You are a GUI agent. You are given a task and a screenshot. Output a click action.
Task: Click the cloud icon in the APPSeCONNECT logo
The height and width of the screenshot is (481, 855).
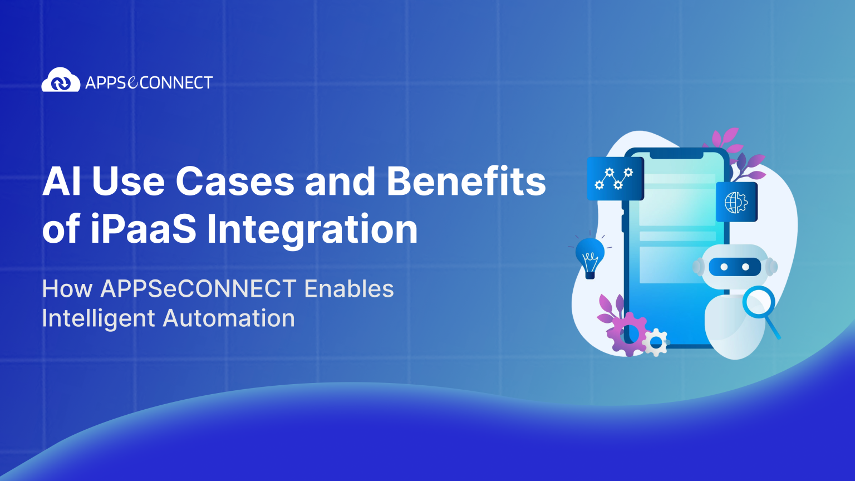(x=61, y=81)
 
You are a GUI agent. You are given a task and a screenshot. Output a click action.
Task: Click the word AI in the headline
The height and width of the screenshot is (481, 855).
(x=62, y=181)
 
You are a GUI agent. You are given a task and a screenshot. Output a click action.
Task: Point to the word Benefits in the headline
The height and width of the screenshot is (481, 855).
(x=466, y=181)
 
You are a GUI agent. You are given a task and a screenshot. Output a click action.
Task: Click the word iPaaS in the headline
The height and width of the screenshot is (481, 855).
(x=144, y=229)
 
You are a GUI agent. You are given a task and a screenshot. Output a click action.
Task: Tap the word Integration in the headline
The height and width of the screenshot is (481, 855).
(x=312, y=230)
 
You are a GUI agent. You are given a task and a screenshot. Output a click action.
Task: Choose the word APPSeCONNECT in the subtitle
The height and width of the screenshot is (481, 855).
(x=198, y=289)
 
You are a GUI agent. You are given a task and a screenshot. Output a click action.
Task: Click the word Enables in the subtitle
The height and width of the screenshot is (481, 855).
(x=349, y=289)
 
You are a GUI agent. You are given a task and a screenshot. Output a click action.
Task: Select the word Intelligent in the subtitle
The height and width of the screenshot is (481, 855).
(x=98, y=318)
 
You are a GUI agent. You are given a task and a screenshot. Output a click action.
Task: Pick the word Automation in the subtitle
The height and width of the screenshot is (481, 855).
(x=229, y=318)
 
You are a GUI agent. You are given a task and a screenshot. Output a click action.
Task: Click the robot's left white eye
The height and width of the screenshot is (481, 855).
(x=724, y=267)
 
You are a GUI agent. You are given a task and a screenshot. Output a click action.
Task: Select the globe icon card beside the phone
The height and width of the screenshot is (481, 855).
(x=736, y=202)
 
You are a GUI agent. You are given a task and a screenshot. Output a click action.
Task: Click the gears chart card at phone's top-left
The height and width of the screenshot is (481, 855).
(x=615, y=179)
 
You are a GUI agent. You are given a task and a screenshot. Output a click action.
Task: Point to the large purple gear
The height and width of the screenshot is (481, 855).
(x=628, y=333)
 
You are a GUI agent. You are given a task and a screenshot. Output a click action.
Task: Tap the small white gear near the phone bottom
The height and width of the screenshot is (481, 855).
(x=657, y=341)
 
